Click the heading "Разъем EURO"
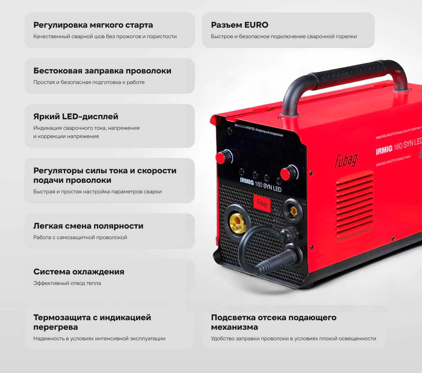(240, 25)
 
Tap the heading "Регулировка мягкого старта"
(93, 25)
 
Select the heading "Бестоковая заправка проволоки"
(102, 71)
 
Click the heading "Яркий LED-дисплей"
(76, 117)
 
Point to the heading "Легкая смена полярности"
(88, 226)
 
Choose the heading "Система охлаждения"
(79, 272)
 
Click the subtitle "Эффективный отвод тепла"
(67, 283)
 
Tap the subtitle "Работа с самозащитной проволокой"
(80, 238)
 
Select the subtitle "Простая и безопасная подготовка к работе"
(89, 82)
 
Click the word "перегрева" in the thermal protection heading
(56, 327)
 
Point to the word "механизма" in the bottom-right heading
(234, 327)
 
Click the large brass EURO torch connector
(237, 223)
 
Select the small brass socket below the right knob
(294, 211)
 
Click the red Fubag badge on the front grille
(262, 203)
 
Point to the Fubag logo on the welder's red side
(346, 161)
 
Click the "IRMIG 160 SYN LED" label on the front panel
(260, 184)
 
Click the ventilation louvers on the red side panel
(354, 206)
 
